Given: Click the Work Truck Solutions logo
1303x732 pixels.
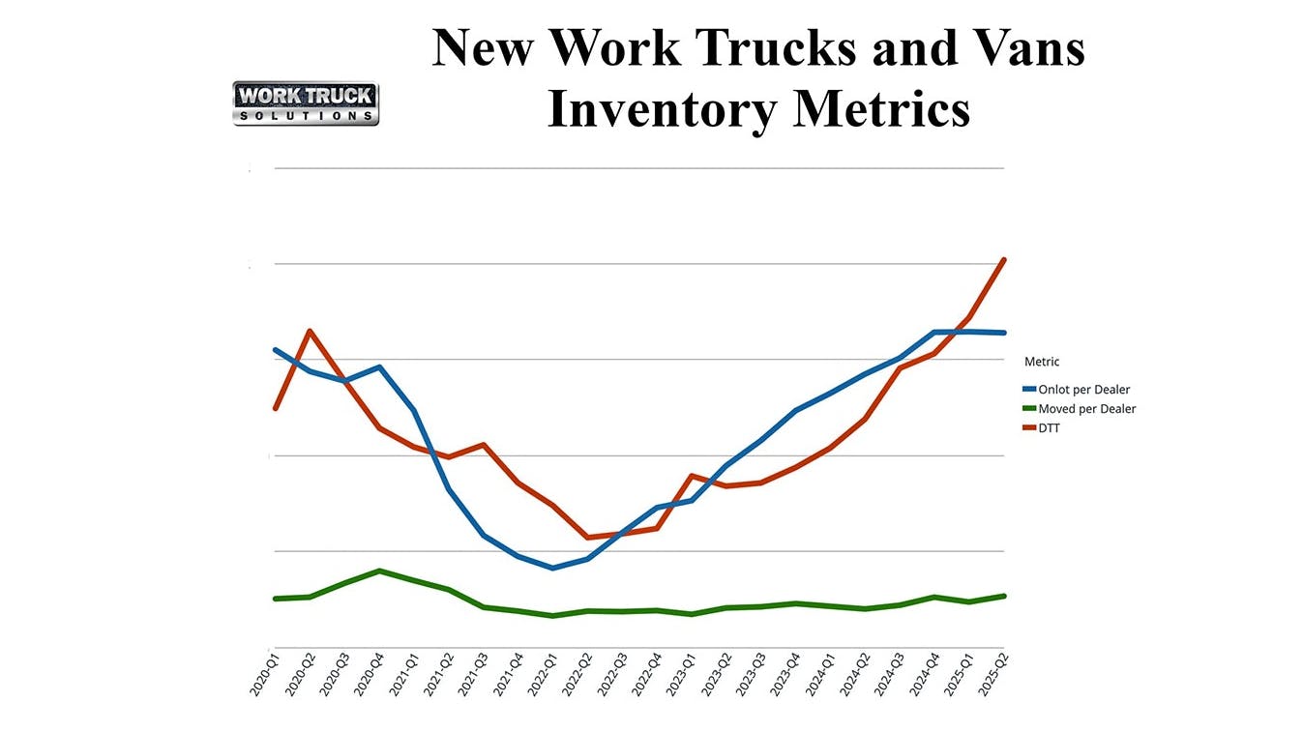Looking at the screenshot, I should (x=306, y=103).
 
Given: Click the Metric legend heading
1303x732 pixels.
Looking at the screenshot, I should (x=1042, y=362).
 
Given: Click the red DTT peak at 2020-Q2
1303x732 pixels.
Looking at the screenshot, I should (x=310, y=331).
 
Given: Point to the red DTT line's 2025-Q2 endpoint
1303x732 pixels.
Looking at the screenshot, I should (x=1005, y=259).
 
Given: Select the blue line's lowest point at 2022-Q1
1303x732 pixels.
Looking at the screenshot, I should (x=552, y=568).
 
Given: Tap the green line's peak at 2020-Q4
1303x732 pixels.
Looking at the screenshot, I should (x=379, y=571).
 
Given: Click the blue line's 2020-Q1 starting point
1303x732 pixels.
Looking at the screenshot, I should (x=276, y=350).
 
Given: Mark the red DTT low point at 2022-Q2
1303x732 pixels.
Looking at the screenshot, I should (x=587, y=538).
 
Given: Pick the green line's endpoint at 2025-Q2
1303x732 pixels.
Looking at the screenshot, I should (x=1005, y=596).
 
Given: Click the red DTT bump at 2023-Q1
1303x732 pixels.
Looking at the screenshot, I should (x=692, y=476).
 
